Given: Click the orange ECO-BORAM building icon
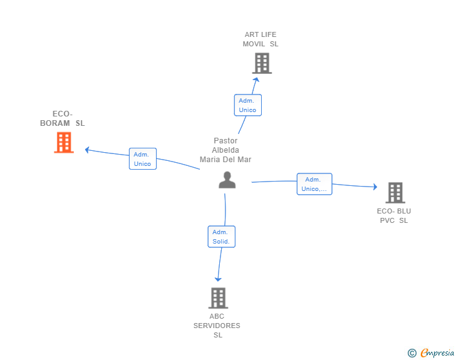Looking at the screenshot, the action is tap(64, 143).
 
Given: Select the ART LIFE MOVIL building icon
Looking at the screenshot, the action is tap(262, 63).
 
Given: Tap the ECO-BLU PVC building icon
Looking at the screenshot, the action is tap(395, 193).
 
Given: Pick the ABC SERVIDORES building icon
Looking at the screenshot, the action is tap(218, 298).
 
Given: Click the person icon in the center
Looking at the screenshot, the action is tap(227, 180).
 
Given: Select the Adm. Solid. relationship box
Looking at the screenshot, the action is tap(222, 237).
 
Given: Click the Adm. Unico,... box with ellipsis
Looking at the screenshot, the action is tap(314, 184).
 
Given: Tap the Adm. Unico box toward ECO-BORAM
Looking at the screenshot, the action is tap(143, 159).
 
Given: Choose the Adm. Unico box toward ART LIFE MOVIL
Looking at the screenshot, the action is tap(248, 105).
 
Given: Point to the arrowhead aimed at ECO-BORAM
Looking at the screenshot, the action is tap(86, 150).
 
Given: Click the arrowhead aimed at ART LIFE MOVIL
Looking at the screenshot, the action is tap(256, 80).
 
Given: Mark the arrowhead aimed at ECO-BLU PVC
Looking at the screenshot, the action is tap(375, 187).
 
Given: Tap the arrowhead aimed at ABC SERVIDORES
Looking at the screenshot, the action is tap(218, 279).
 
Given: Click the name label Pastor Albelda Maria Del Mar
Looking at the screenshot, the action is tap(225, 150).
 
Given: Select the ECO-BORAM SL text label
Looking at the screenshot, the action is tap(63, 118).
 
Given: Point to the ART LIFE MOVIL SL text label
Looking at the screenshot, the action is tap(261, 39).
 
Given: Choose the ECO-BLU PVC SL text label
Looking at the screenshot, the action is tap(394, 216).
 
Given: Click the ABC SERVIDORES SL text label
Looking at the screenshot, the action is tap(217, 326).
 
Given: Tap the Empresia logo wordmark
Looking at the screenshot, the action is tap(437, 352).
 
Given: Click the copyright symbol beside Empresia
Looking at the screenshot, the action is tap(412, 353).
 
